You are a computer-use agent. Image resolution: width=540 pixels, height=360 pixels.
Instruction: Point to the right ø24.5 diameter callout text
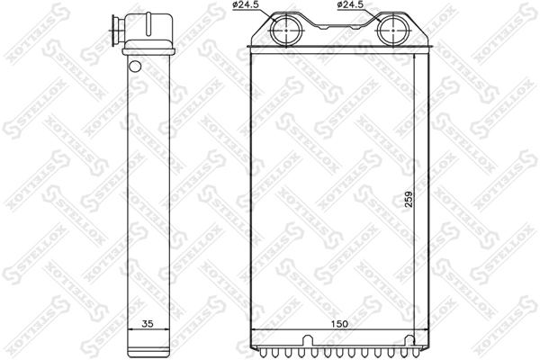pos(351,5)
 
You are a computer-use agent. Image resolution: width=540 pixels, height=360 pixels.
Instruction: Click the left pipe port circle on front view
pos(286,31)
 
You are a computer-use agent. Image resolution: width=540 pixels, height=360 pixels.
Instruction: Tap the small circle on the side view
pos(134,66)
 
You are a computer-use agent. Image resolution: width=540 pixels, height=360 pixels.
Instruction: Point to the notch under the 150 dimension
pos(309,339)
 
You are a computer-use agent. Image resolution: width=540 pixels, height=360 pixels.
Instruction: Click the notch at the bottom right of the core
pos(409,339)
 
